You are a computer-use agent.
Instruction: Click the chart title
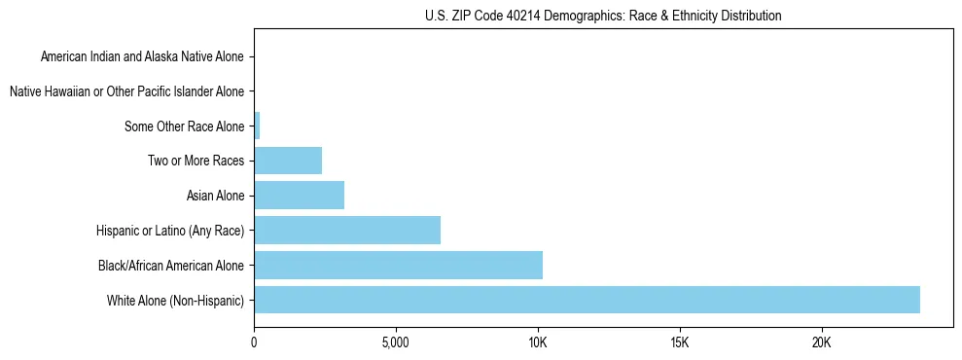click(603, 17)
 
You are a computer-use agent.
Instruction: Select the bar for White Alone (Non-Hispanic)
click(587, 300)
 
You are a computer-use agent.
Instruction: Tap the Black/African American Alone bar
click(398, 265)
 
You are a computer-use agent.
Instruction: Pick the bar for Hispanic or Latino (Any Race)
click(347, 231)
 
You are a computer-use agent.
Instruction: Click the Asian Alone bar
click(299, 196)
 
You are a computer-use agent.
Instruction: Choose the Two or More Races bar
click(288, 161)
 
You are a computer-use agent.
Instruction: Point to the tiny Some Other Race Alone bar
click(257, 126)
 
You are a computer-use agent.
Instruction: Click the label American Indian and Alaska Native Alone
click(143, 57)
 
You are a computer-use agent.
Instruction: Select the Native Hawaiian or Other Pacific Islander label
click(126, 91)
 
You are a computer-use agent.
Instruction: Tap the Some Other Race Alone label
click(185, 126)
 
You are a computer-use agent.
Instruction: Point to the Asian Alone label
click(216, 196)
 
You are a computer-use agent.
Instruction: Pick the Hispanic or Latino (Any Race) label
click(171, 231)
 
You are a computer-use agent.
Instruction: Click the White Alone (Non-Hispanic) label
click(176, 300)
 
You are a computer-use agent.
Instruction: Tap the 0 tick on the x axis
click(254, 342)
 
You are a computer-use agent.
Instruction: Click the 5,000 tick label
click(396, 342)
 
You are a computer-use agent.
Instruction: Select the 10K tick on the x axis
click(538, 342)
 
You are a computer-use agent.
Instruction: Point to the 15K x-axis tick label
click(680, 342)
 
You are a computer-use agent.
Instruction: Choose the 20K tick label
click(822, 342)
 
